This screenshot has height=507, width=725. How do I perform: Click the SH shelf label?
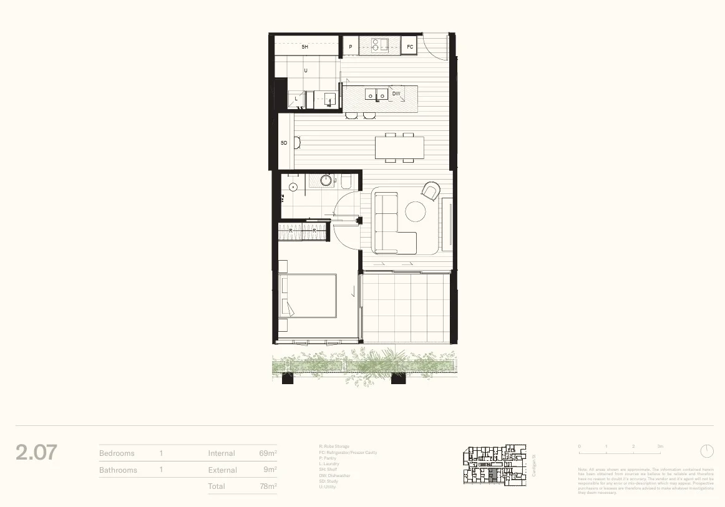(305, 47)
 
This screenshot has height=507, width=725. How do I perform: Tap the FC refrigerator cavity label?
(410, 47)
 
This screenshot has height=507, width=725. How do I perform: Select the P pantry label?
(350, 47)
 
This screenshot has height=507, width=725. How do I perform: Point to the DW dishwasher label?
(396, 94)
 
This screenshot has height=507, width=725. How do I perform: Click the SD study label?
(284, 143)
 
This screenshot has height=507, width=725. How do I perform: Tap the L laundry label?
(296, 99)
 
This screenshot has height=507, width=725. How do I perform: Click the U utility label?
(305, 70)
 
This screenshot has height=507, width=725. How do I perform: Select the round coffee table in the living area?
(416, 211)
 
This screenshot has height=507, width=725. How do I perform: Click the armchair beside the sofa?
(431, 191)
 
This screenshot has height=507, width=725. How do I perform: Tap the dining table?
(399, 148)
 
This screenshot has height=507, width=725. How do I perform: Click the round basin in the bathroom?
(326, 181)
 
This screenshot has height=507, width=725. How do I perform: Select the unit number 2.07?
(37, 452)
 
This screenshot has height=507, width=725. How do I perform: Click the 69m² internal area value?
(268, 453)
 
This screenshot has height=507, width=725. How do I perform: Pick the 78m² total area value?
(268, 486)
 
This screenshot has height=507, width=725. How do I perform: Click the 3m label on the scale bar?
(659, 447)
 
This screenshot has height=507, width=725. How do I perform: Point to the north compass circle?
(707, 451)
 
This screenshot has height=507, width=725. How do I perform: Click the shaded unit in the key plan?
(493, 476)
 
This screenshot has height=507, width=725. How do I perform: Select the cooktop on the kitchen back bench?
(379, 44)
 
